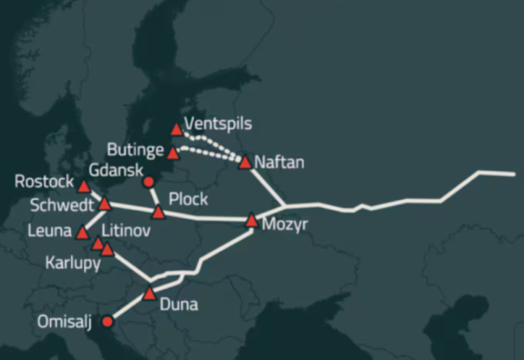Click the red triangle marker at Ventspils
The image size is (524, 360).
point(176,129)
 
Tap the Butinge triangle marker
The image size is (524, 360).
point(173,153)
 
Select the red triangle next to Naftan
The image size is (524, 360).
point(244,162)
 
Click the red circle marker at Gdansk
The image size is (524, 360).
point(148,182)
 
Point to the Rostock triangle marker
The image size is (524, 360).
point(83,186)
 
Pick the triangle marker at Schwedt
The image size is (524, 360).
point(105,204)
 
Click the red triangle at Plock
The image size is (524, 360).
point(158,213)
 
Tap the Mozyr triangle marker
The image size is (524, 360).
point(252,220)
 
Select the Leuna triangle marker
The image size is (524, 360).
point(82,234)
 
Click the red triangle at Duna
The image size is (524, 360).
point(149,293)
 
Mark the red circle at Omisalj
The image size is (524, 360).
point(107,322)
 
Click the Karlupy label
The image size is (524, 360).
point(73,263)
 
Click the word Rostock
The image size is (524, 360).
point(44,181)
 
